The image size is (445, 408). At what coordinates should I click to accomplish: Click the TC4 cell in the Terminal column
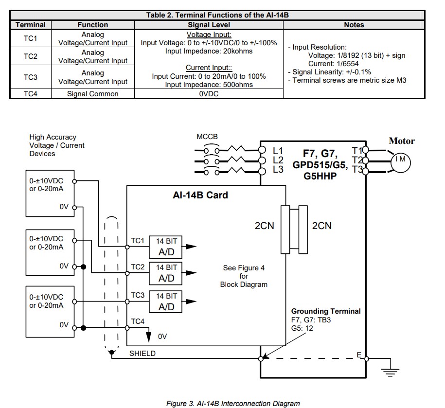tap(30, 94)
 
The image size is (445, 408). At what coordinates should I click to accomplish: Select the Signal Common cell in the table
tap(92, 94)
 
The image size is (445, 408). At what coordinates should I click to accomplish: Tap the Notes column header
tap(354, 24)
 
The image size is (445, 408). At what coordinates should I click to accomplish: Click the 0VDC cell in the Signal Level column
tap(209, 94)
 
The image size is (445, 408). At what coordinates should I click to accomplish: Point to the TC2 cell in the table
tap(30, 56)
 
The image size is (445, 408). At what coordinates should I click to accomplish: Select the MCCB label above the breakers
tap(207, 137)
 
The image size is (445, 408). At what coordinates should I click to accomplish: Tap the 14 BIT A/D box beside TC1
tap(166, 247)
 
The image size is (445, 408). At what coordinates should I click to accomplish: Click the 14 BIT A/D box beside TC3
tap(166, 302)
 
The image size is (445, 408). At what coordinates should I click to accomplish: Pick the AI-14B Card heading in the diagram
tap(200, 195)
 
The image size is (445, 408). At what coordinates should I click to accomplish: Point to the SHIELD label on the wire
tap(142, 354)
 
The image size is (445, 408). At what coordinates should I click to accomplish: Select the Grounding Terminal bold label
tap(326, 311)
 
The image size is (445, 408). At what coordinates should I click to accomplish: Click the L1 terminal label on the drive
tap(278, 151)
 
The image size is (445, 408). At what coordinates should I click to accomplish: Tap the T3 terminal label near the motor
tap(356, 169)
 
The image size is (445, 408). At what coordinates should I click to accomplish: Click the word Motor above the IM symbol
tap(402, 141)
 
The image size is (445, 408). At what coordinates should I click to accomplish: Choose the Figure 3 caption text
tap(233, 403)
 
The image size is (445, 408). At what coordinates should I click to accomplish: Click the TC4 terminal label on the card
tap(138, 321)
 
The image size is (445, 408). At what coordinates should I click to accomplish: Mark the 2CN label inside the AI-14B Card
tap(265, 226)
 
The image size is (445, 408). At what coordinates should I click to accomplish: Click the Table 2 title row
tap(217, 15)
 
